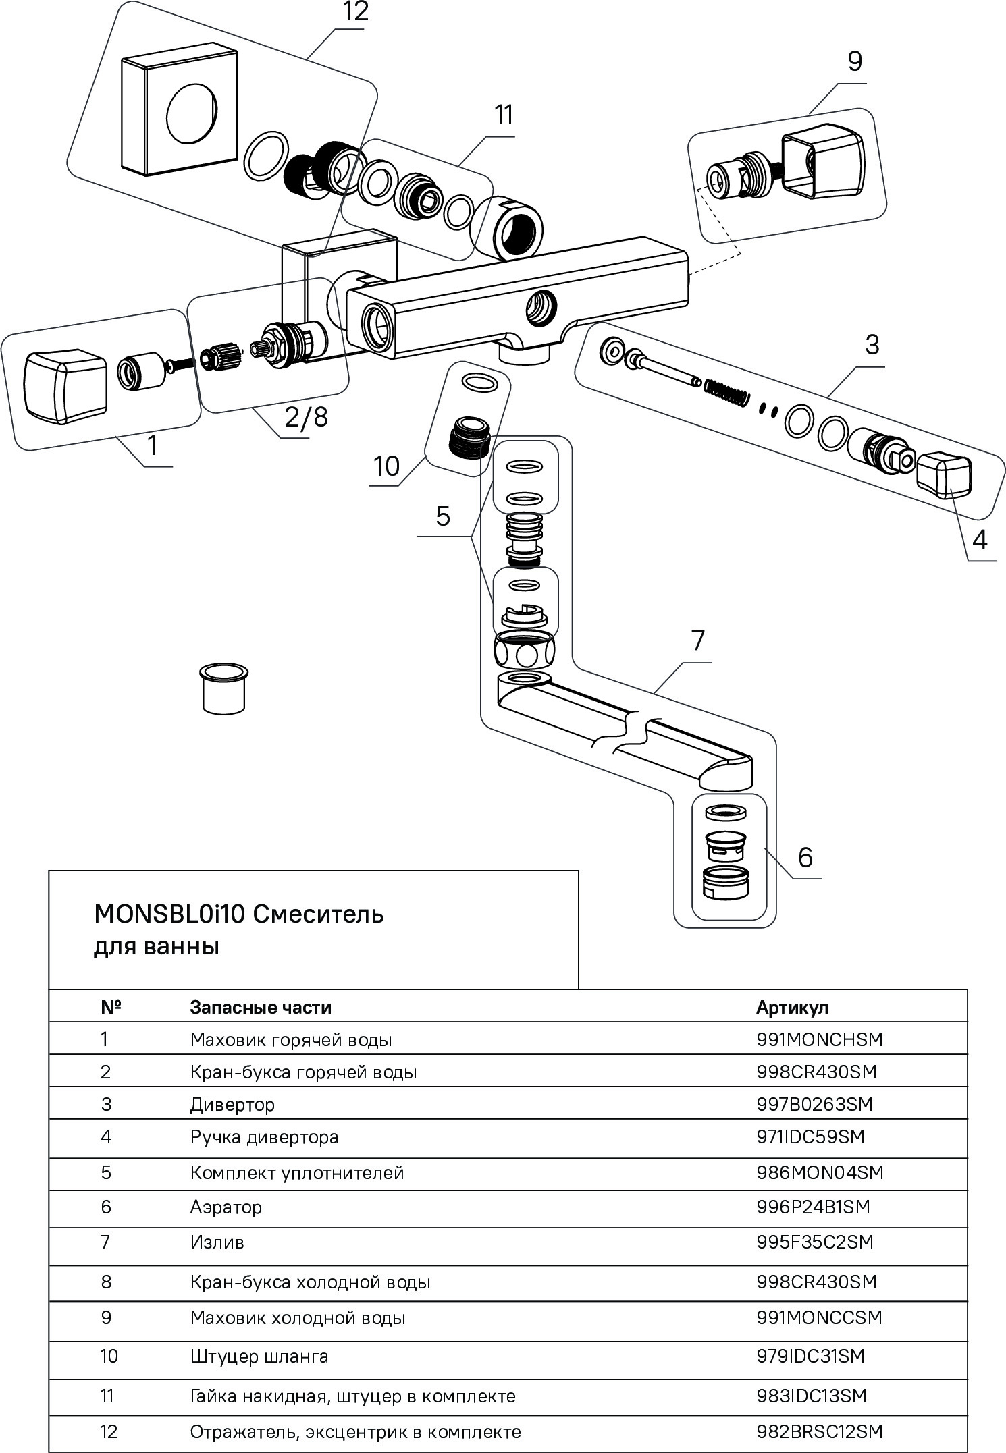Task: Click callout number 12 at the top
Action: coord(356,12)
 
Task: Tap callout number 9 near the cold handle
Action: coord(854,61)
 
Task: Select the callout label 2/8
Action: coord(306,418)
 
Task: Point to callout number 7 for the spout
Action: coord(697,640)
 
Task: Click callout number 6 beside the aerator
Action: coord(805,857)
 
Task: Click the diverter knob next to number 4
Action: coord(945,475)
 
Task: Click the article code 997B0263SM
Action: coord(814,1105)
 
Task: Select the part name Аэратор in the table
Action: coord(226,1207)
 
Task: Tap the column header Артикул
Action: coord(792,1008)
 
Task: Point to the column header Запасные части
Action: coord(261,1008)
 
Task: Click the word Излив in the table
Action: coord(217,1242)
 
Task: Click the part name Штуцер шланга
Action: coord(259,1356)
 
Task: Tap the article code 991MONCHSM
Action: coord(820,1039)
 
